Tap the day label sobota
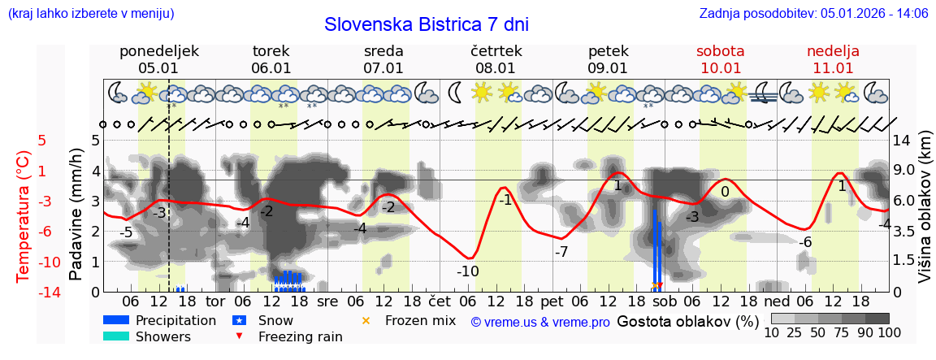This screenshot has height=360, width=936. point(721,51)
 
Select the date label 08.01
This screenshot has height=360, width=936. point(496,68)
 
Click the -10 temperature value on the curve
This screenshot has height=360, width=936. point(467,271)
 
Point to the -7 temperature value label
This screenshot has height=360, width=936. point(561,252)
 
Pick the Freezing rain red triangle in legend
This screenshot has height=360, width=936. point(239,336)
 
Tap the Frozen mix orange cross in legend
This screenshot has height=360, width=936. point(366,321)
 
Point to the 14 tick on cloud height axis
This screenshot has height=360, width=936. point(901,141)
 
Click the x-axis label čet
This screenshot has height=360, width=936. point(440,300)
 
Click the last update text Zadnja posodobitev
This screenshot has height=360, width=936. point(813,14)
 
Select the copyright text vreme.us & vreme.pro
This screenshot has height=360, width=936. point(540,322)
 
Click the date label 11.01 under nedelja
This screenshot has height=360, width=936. point(833,68)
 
